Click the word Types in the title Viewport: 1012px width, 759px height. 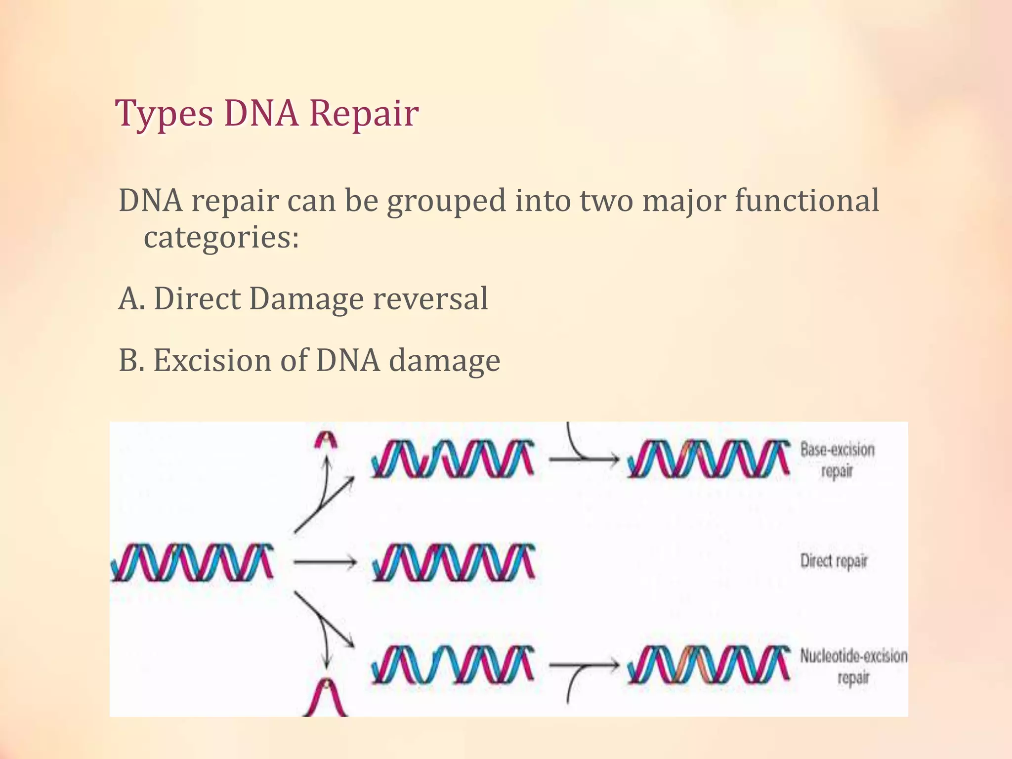click(164, 114)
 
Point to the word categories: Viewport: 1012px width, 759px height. click(221, 238)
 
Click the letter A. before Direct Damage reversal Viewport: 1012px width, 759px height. click(131, 299)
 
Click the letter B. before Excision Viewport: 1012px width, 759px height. click(131, 360)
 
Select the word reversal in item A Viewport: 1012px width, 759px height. click(430, 299)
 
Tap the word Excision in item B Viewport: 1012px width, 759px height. click(212, 360)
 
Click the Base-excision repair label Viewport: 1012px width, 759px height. click(837, 460)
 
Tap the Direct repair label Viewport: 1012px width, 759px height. click(834, 561)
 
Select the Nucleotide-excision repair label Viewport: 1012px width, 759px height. click(853, 666)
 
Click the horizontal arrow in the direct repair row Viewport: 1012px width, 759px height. click(325, 562)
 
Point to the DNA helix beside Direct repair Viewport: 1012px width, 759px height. click(454, 562)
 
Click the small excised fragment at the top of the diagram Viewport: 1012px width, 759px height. click(326, 439)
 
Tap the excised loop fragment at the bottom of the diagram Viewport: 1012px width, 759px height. click(325, 698)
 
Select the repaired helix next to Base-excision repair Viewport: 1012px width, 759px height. click(709, 459)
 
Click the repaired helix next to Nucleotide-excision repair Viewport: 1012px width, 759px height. click(709, 665)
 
